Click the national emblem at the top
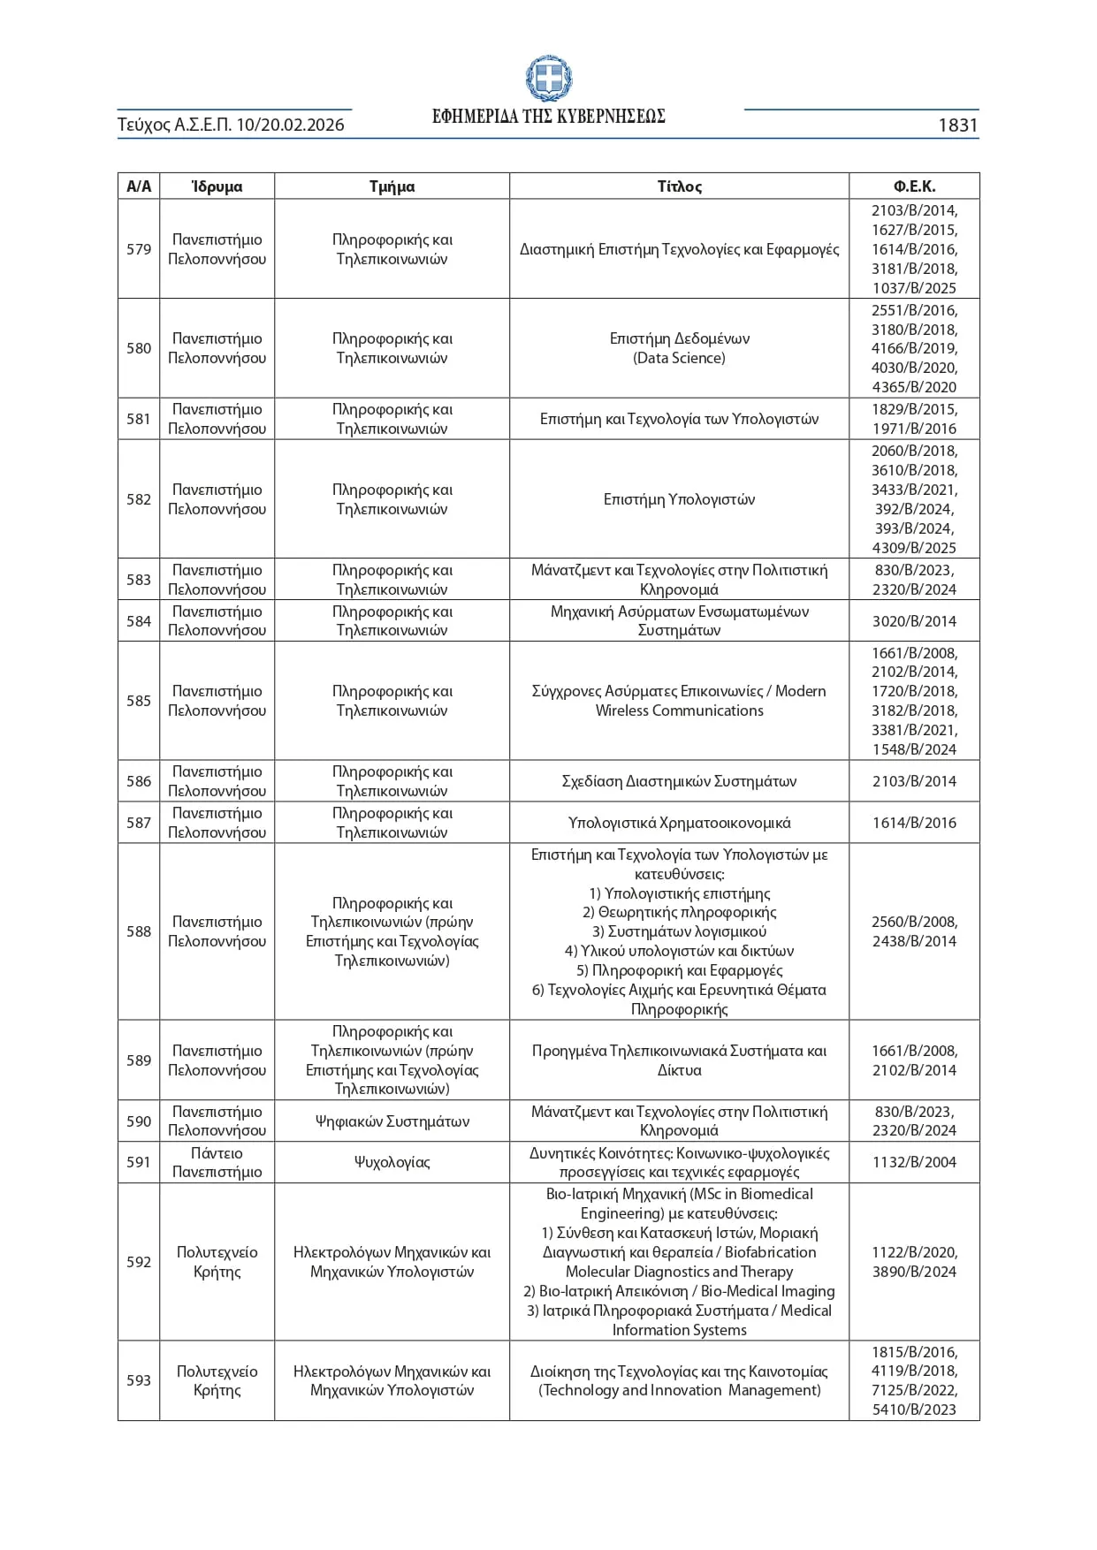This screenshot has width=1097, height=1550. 548,79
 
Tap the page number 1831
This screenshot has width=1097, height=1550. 957,125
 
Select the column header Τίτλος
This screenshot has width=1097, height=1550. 679,186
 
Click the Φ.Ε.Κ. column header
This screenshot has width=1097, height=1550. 914,186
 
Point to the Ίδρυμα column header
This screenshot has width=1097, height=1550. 217,186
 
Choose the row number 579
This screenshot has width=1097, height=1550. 139,249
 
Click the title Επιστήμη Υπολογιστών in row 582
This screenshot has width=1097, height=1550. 679,499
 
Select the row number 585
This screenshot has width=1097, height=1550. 139,701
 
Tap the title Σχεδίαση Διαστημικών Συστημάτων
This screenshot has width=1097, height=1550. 679,781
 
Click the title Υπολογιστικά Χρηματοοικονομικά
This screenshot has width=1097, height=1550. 679,823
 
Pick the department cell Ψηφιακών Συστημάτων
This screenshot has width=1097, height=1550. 392,1121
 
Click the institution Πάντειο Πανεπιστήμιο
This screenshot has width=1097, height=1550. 217,1162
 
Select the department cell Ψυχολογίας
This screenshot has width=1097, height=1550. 392,1162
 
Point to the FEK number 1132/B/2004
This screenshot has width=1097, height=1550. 914,1162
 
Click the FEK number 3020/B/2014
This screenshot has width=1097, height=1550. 914,621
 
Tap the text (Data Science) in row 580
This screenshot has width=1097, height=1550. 679,358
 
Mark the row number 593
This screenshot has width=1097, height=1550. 139,1380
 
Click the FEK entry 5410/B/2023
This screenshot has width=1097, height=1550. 914,1409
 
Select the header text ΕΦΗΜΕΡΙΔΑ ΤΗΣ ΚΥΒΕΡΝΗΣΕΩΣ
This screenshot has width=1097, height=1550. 548,117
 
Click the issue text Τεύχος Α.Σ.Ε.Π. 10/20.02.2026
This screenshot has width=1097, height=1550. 231,125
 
